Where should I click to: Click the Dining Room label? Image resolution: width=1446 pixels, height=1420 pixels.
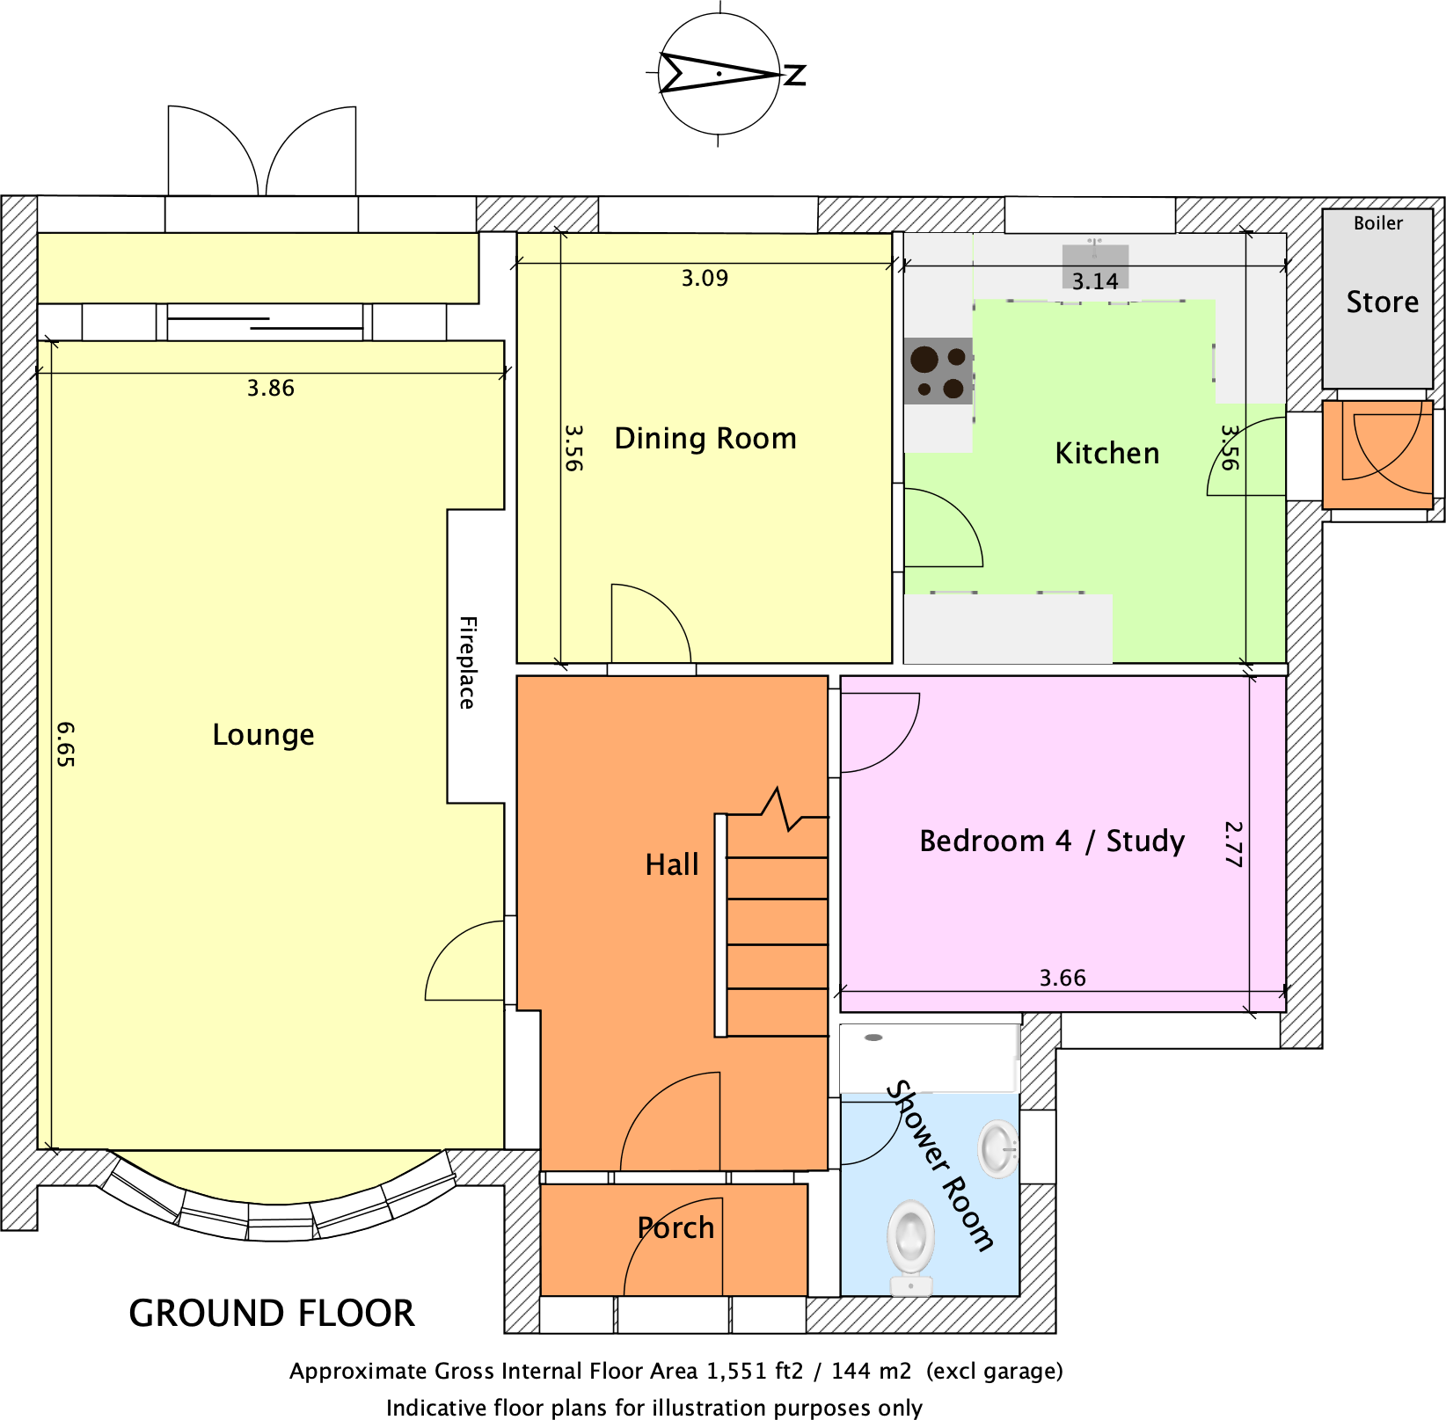pos(705,438)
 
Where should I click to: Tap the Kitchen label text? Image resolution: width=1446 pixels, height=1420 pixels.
pos(1106,453)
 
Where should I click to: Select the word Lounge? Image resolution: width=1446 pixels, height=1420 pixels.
pos(263,734)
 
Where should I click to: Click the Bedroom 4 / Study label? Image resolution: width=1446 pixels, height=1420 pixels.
pos(1052,841)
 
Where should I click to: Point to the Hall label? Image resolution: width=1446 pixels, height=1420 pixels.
pos(672,864)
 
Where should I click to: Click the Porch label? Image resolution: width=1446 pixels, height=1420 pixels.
pos(676,1227)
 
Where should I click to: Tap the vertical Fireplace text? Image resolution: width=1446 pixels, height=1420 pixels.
pos(468,662)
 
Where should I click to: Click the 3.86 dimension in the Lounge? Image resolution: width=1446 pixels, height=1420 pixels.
pos(270,388)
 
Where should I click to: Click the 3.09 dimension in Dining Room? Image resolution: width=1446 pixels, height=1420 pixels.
pos(705,278)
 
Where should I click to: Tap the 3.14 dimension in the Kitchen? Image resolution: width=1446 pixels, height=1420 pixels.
pos(1095,281)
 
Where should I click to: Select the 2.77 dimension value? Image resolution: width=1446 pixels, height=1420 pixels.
pos(1233,843)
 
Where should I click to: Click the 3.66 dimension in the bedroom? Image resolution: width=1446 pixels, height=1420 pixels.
pos(1063,978)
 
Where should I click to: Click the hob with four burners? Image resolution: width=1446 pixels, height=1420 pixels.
pos(938,371)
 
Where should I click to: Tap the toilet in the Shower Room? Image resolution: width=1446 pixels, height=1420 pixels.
pos(910,1244)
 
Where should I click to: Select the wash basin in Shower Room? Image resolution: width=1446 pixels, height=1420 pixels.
pos(998,1148)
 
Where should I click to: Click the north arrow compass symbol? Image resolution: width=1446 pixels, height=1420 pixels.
pos(719,74)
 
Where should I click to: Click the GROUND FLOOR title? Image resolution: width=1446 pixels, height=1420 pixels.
pos(272,1313)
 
